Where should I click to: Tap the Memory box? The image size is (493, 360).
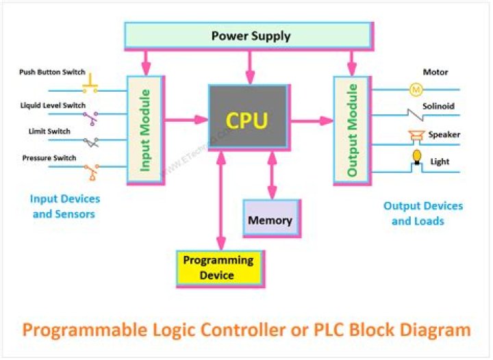(x=270, y=220)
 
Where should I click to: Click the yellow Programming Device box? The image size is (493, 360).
(x=217, y=268)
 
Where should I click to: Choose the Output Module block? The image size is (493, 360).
(x=351, y=129)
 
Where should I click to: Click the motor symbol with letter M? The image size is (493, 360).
(x=416, y=89)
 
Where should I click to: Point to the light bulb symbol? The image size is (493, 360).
(x=415, y=158)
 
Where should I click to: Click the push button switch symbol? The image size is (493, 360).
(x=90, y=86)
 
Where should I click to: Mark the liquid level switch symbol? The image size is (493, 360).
(x=90, y=118)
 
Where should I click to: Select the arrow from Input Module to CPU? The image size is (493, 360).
(x=185, y=120)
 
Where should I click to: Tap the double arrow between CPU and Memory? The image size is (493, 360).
(x=272, y=175)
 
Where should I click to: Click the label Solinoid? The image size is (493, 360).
(x=438, y=106)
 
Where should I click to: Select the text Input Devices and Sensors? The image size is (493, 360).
(x=64, y=206)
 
